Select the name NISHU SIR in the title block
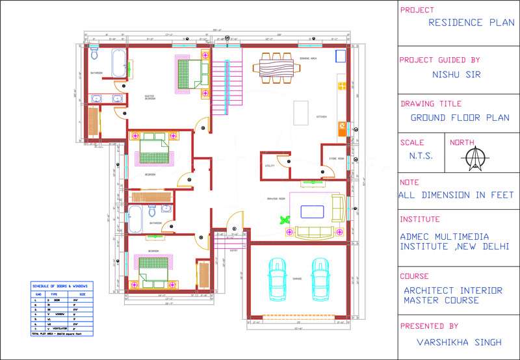pyautogui.click(x=456, y=74)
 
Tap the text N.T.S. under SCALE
pyautogui.click(x=421, y=156)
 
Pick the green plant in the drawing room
pyautogui.click(x=284, y=220)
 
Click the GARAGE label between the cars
pyautogui.click(x=297, y=278)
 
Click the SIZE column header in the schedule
pyautogui.click(x=76, y=293)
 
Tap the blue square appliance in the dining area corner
pyautogui.click(x=340, y=56)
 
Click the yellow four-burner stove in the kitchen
pyautogui.click(x=341, y=127)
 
